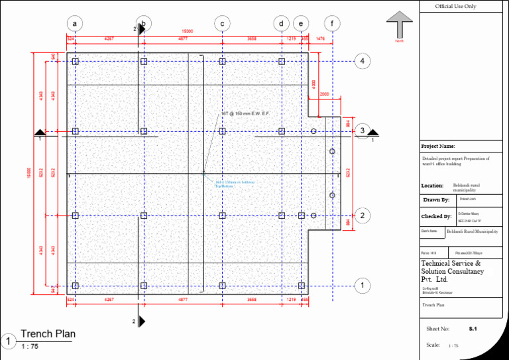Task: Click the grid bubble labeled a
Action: click(x=76, y=24)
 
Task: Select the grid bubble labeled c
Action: click(x=222, y=24)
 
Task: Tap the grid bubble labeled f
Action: click(x=332, y=24)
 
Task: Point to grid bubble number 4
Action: click(x=363, y=61)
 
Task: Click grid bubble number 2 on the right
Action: click(x=363, y=215)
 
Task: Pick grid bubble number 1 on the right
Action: click(x=363, y=286)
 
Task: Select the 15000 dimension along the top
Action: click(x=188, y=32)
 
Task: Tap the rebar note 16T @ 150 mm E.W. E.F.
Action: click(x=245, y=114)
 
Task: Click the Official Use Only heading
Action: click(x=455, y=7)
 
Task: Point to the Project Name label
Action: click(x=438, y=146)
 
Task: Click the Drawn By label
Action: click(x=436, y=200)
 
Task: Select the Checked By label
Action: click(x=436, y=217)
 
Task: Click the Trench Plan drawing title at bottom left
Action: click(x=48, y=333)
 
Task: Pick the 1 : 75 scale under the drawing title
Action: click(x=29, y=347)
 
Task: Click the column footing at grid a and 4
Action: click(x=76, y=61)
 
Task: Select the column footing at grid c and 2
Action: click(x=222, y=215)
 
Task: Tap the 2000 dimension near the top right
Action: click(x=324, y=94)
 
